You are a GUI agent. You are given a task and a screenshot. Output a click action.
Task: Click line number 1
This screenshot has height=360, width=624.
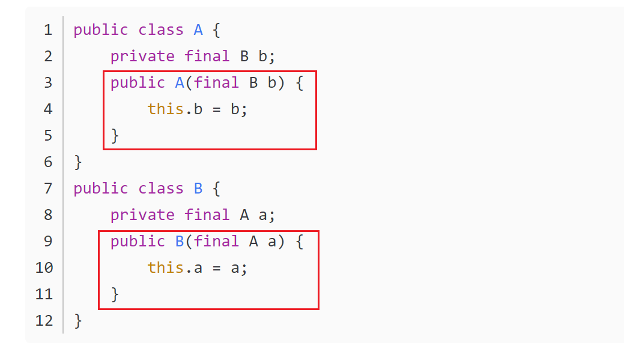[48, 30]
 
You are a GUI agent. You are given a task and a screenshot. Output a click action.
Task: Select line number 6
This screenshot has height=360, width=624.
[48, 162]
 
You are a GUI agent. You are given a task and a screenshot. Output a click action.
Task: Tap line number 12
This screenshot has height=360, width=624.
[44, 321]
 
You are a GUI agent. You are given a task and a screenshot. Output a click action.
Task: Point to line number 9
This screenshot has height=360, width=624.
[48, 242]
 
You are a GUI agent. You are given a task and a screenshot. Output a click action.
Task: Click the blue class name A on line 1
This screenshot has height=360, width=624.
[198, 30]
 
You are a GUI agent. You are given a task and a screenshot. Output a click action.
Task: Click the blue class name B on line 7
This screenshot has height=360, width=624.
[198, 189]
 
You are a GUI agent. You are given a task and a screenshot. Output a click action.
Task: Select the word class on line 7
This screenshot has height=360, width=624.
[161, 189]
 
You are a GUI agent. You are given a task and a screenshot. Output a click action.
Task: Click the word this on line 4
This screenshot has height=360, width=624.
[165, 109]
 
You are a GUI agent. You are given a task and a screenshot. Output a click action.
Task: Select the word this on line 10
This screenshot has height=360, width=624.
[165, 268]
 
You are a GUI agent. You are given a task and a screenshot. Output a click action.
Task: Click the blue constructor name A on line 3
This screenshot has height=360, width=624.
[180, 83]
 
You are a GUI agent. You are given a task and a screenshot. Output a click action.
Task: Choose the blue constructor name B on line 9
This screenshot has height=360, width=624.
[180, 242]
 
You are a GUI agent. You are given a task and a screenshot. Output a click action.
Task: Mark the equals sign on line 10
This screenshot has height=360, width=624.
[217, 268]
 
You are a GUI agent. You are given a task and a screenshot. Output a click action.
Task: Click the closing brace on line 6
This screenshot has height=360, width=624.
[77, 162]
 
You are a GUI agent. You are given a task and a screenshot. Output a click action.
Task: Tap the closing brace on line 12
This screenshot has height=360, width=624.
[77, 321]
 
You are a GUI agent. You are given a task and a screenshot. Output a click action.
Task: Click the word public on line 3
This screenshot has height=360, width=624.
[138, 83]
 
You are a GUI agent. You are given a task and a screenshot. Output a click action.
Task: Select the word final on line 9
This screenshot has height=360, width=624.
[217, 242]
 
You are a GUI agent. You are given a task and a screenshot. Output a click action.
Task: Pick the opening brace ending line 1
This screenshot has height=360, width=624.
[217, 30]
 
